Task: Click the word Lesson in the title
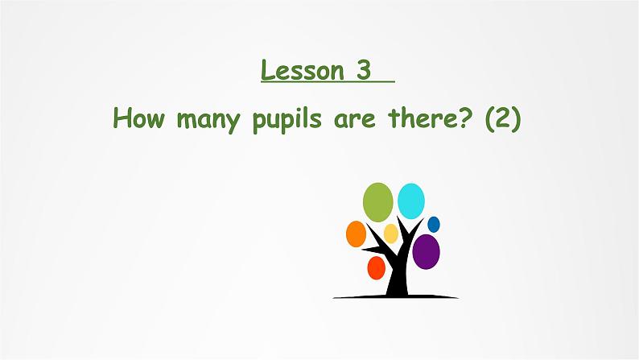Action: click(x=302, y=71)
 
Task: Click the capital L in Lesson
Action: click(x=269, y=71)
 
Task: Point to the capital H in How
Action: click(x=122, y=118)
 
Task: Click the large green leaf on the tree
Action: click(x=378, y=202)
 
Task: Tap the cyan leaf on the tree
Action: click(x=411, y=201)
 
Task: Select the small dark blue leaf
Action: click(x=434, y=225)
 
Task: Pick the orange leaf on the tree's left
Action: click(x=356, y=234)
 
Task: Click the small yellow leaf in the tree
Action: click(x=390, y=234)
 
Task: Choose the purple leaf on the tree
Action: click(x=426, y=251)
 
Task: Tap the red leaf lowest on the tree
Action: click(x=376, y=267)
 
